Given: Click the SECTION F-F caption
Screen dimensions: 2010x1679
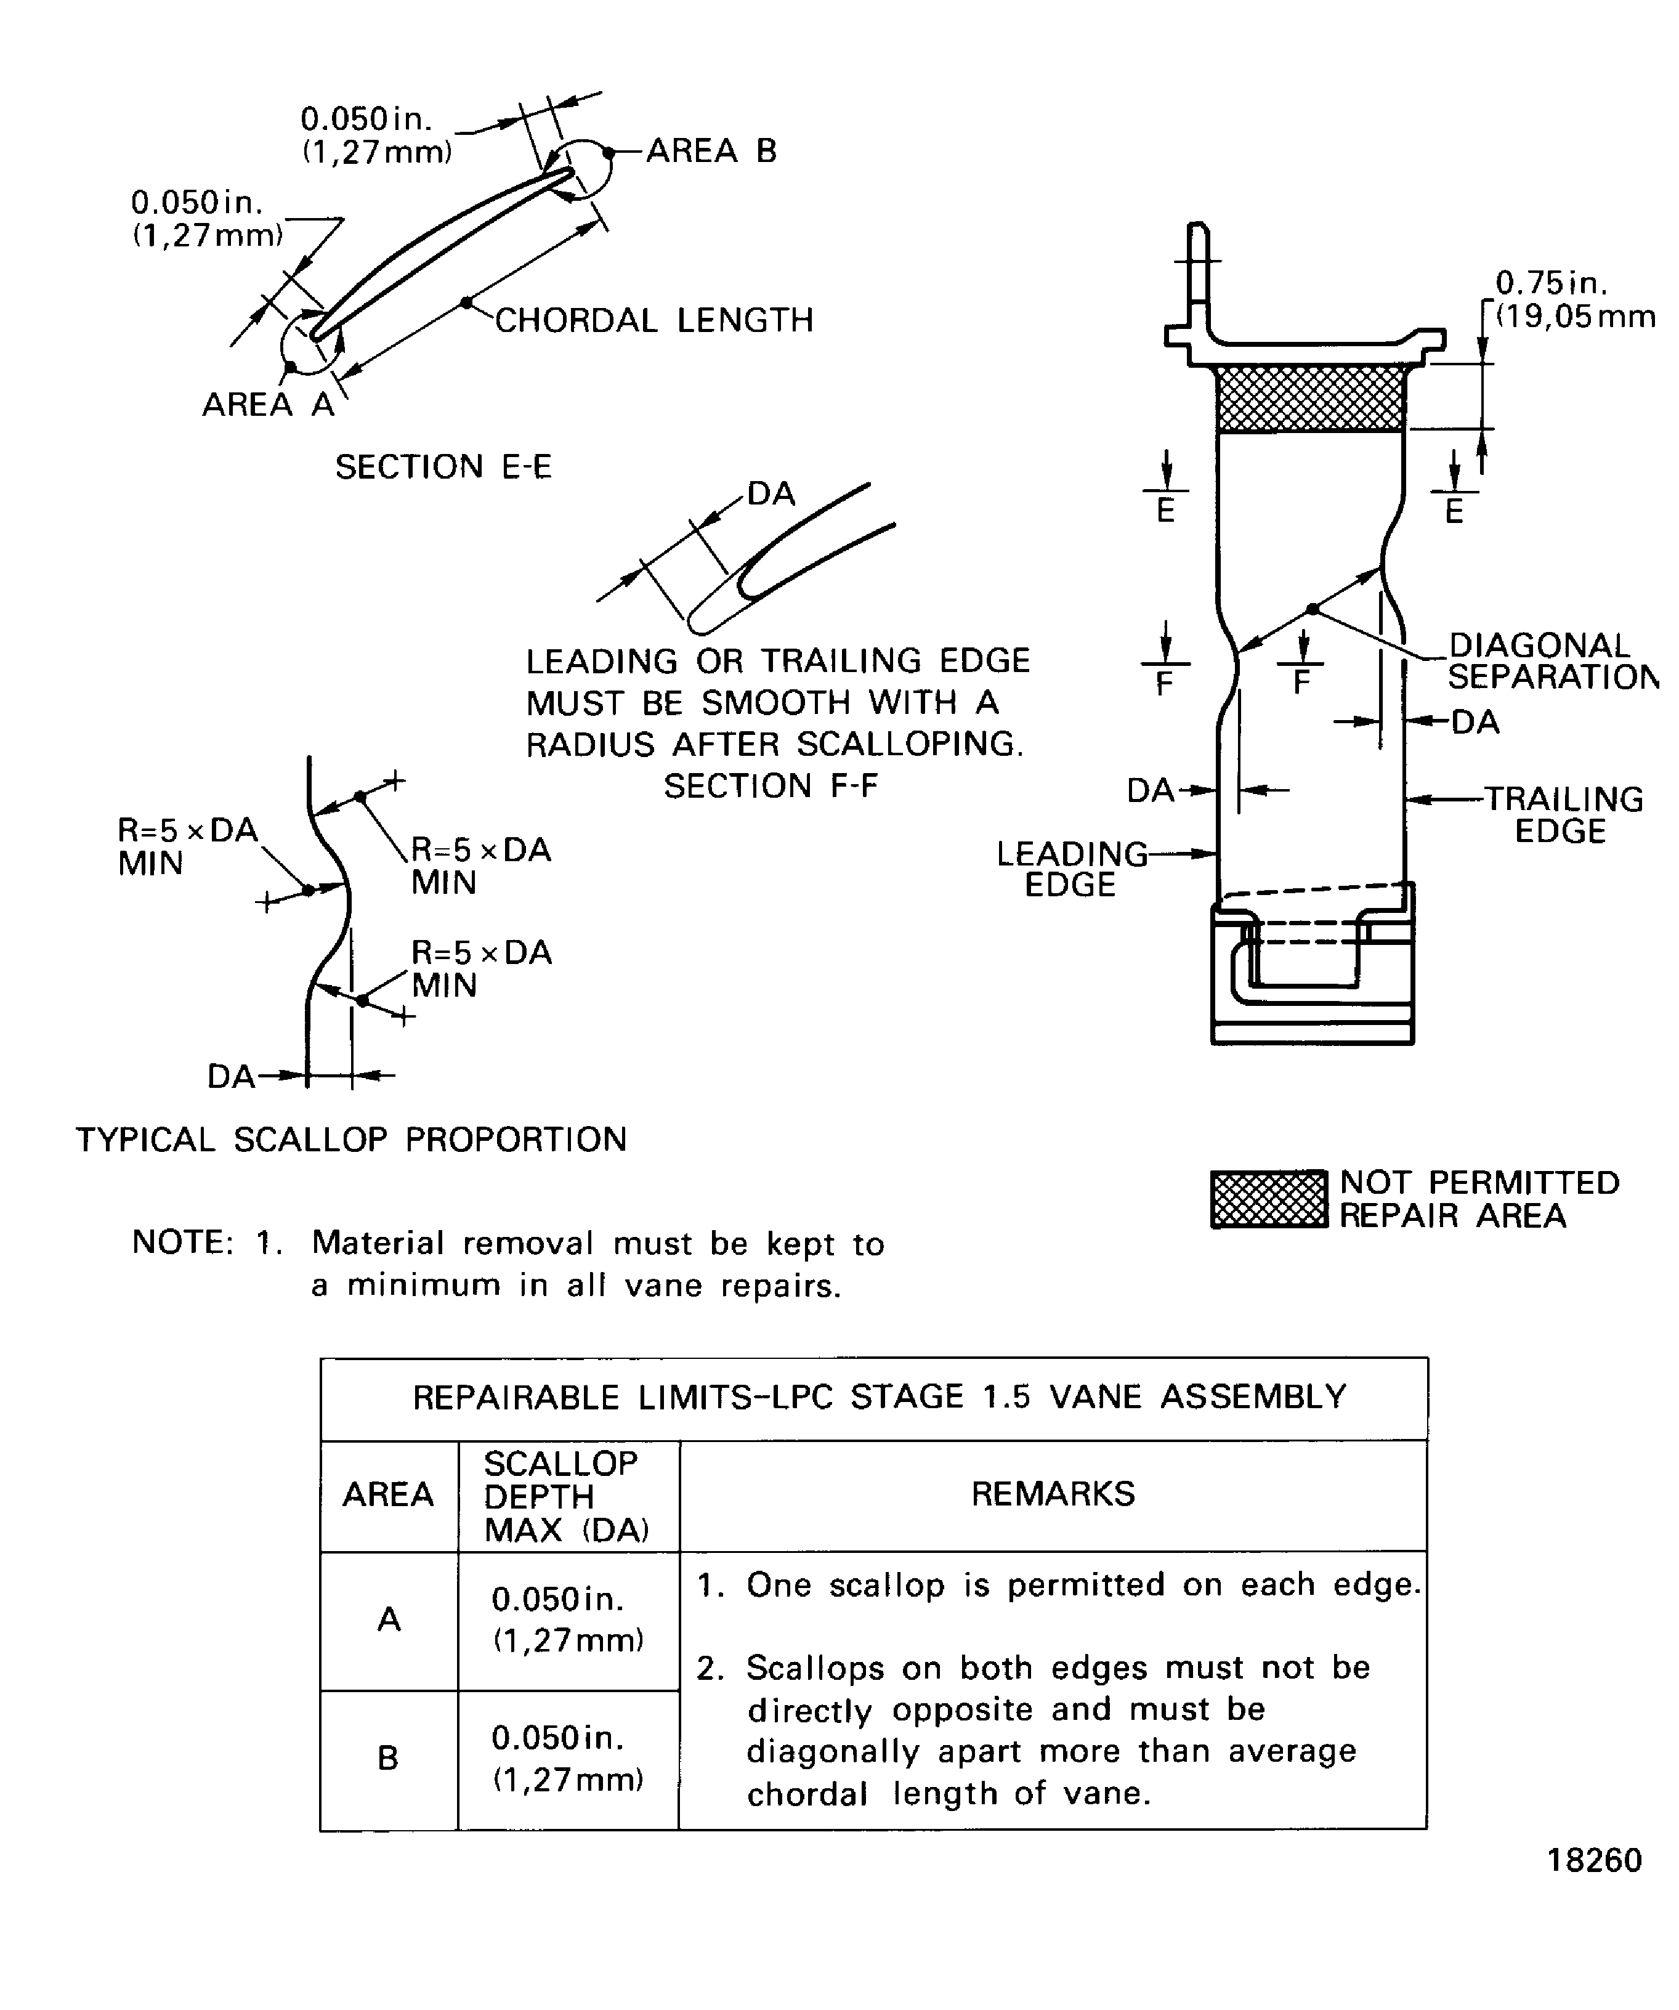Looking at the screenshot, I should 771,786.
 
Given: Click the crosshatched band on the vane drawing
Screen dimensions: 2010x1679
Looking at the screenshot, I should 1311,398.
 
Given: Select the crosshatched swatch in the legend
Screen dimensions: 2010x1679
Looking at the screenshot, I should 1268,1199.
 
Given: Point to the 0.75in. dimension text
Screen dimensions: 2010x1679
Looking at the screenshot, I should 1552,283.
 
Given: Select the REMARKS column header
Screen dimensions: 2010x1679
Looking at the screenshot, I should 1053,1494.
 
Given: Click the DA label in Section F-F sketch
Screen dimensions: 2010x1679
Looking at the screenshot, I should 771,494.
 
